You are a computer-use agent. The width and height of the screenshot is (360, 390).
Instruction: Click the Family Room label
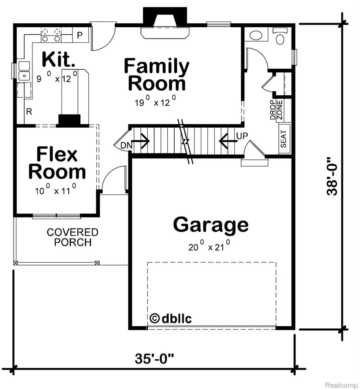156,75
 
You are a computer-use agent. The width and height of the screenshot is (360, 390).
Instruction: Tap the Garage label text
210,225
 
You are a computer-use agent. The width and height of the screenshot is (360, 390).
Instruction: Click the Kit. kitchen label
58,60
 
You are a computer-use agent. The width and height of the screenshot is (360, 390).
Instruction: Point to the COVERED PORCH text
72,237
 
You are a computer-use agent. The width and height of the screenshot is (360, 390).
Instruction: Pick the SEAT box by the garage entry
284,139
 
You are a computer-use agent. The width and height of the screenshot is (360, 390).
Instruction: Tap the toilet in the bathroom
279,37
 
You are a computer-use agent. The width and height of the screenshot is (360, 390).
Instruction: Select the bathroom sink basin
255,36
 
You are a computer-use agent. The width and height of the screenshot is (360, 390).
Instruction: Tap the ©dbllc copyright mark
171,318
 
